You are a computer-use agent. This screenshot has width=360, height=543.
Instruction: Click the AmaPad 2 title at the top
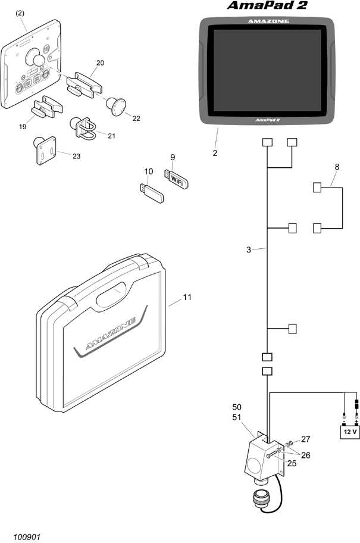point(267,5)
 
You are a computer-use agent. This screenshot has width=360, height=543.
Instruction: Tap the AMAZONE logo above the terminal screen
point(268,21)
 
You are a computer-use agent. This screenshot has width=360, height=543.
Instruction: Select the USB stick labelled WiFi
point(177,179)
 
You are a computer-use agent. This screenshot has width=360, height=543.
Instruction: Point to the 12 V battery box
point(350,432)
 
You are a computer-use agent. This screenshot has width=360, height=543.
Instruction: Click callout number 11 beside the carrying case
point(187,297)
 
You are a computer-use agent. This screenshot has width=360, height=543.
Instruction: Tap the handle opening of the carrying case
point(111,294)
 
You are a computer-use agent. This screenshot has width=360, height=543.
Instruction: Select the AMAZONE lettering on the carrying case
point(111,333)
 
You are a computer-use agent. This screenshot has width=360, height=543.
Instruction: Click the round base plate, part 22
point(115,107)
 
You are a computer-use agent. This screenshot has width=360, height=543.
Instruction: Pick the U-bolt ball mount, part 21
point(83,127)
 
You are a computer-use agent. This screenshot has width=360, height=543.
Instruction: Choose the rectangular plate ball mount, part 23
point(45,149)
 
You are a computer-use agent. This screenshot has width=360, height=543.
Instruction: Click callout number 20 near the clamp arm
point(100,63)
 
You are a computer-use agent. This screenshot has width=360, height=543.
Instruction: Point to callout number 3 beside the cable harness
point(249,249)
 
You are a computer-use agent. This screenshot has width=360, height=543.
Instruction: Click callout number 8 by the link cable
point(337,167)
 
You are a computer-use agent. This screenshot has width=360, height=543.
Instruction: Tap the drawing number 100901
point(27,537)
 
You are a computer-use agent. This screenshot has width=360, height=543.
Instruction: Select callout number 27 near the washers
point(306,439)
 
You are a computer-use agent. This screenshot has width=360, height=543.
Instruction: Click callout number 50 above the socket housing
point(237,407)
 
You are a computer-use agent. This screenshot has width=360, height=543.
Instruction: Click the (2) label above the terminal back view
point(20,13)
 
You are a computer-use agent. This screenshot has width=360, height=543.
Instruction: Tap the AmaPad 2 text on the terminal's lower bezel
point(268,120)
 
